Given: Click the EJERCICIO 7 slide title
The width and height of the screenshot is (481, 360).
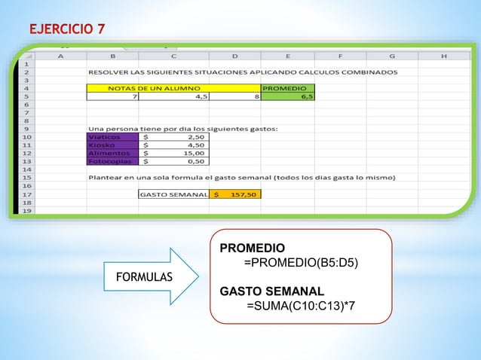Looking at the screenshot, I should click(x=67, y=29).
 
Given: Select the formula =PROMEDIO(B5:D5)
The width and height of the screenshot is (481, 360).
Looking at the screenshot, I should click(x=301, y=263).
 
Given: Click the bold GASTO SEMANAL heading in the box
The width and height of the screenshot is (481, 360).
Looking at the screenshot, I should click(x=272, y=291).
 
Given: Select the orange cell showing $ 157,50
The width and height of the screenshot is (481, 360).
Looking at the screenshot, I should click(x=235, y=194).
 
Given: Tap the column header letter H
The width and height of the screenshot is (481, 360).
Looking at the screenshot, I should click(x=443, y=54).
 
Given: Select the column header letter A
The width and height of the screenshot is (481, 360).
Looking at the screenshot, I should click(x=60, y=54).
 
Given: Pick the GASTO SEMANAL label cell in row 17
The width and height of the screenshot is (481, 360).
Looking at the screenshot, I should click(x=174, y=194).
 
